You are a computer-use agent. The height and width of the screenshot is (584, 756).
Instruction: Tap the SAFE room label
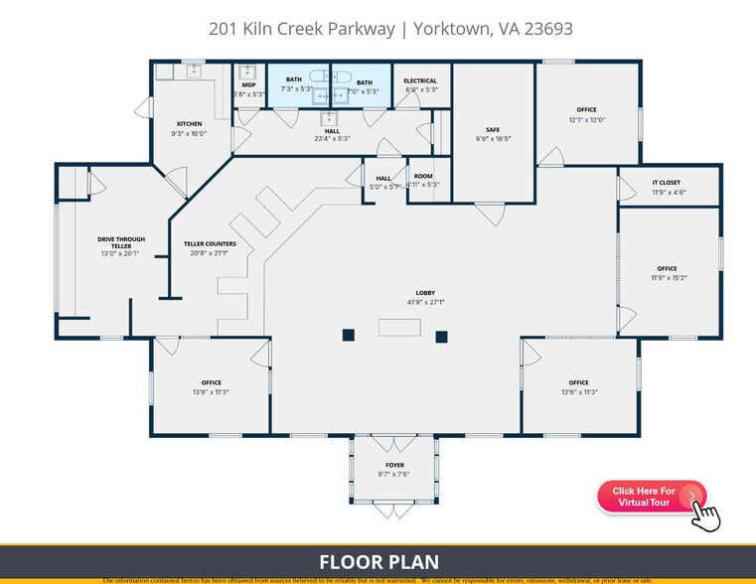(493, 129)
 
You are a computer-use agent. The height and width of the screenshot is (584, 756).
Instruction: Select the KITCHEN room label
(189, 124)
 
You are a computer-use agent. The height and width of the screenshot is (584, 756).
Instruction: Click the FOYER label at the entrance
(394, 465)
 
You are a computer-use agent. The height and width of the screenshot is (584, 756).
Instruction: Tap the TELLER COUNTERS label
(210, 243)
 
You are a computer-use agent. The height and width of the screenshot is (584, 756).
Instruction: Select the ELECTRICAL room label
(422, 80)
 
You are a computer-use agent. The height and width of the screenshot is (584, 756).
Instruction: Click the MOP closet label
(248, 85)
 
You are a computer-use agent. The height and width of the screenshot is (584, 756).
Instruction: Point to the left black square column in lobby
(349, 335)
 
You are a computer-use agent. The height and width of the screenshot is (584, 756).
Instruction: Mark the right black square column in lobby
(442, 335)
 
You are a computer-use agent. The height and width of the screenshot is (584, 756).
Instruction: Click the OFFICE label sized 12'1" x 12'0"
(586, 110)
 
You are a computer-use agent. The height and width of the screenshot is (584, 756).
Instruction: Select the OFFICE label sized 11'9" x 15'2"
(667, 268)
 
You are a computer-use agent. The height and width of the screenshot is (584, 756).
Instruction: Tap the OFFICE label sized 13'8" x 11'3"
(212, 382)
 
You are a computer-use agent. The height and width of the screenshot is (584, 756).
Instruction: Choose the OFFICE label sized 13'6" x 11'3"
(578, 382)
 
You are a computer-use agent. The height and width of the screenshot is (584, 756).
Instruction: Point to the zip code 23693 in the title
(543, 29)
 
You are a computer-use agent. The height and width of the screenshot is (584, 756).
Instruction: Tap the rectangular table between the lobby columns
(395, 329)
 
